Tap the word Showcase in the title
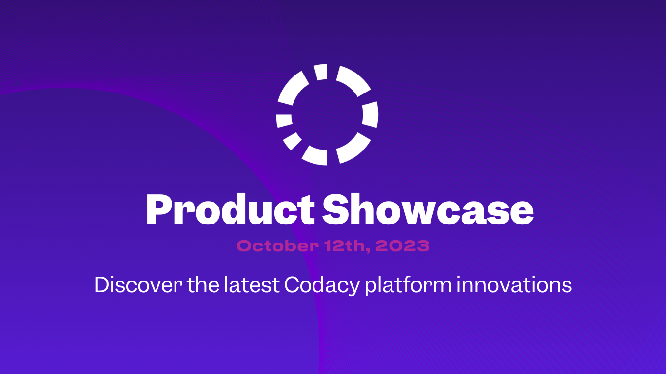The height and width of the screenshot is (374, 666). point(428,210)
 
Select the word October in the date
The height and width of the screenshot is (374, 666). point(276,246)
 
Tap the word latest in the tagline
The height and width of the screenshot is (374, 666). point(252,285)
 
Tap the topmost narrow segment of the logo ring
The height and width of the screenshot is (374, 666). point(321,72)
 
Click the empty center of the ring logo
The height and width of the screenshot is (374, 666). point(327,115)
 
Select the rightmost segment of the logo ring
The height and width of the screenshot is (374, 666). point(371,115)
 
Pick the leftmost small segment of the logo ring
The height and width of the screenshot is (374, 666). point(284,120)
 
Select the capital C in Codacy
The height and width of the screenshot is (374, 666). point(293,285)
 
